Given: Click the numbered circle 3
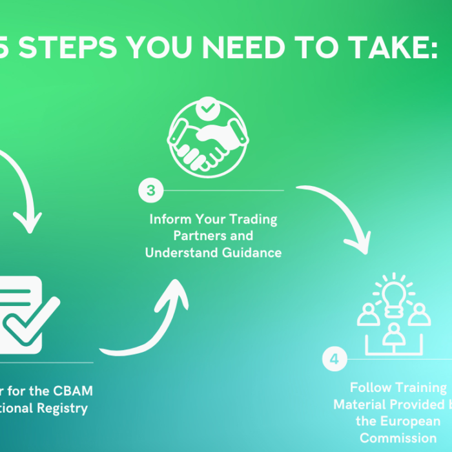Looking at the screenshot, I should (x=150, y=190).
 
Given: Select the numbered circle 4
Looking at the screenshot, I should (x=334, y=360).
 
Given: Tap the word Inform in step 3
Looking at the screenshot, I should (x=167, y=220).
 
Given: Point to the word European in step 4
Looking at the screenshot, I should (x=419, y=421).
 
